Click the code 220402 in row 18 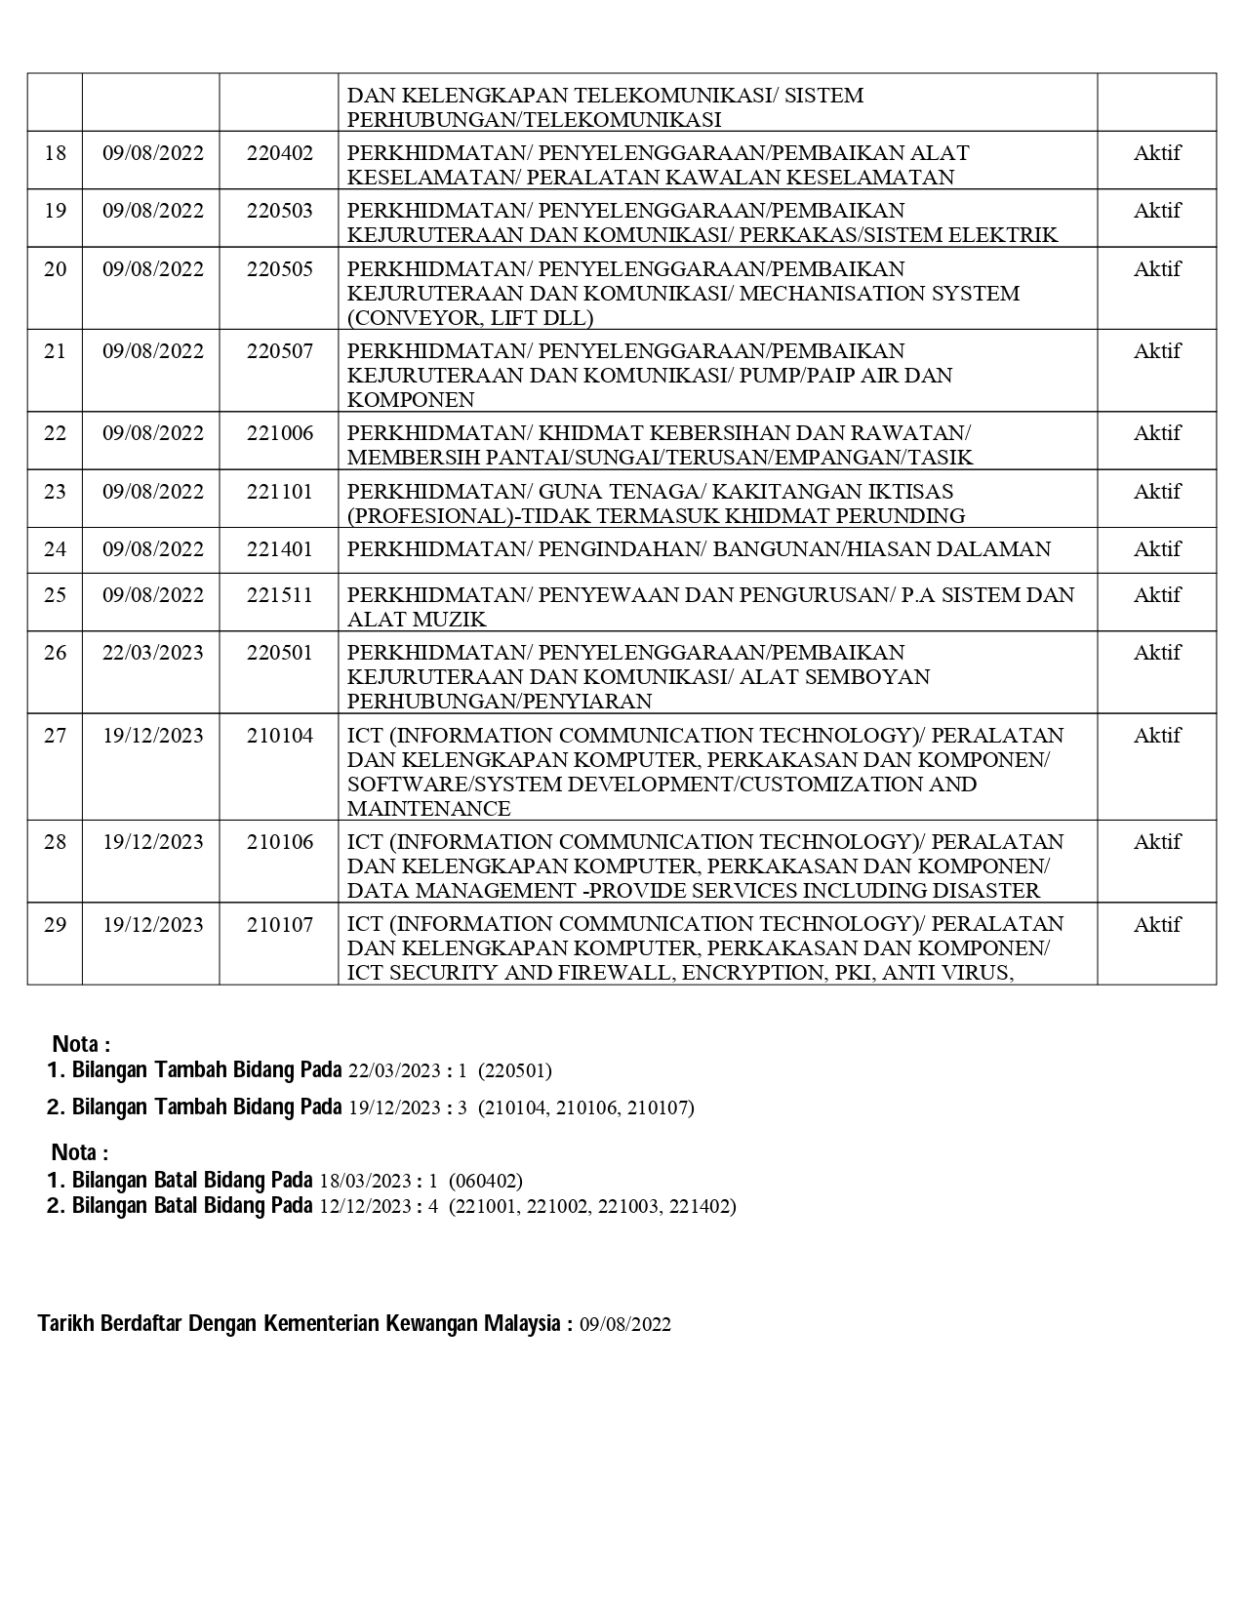pos(279,153)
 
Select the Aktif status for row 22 pos(1156,433)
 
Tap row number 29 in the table pos(55,924)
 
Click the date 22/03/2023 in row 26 pos(153,653)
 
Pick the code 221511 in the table pos(279,595)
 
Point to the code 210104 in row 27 pos(279,736)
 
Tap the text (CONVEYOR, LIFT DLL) pos(470,318)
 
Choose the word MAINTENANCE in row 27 pos(428,809)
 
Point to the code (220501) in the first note pos(514,1070)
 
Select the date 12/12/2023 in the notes pos(364,1206)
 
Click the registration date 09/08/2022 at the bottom pos(624,1324)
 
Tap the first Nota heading pos(80,1044)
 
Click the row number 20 pos(55,269)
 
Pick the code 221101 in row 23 pos(279,492)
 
